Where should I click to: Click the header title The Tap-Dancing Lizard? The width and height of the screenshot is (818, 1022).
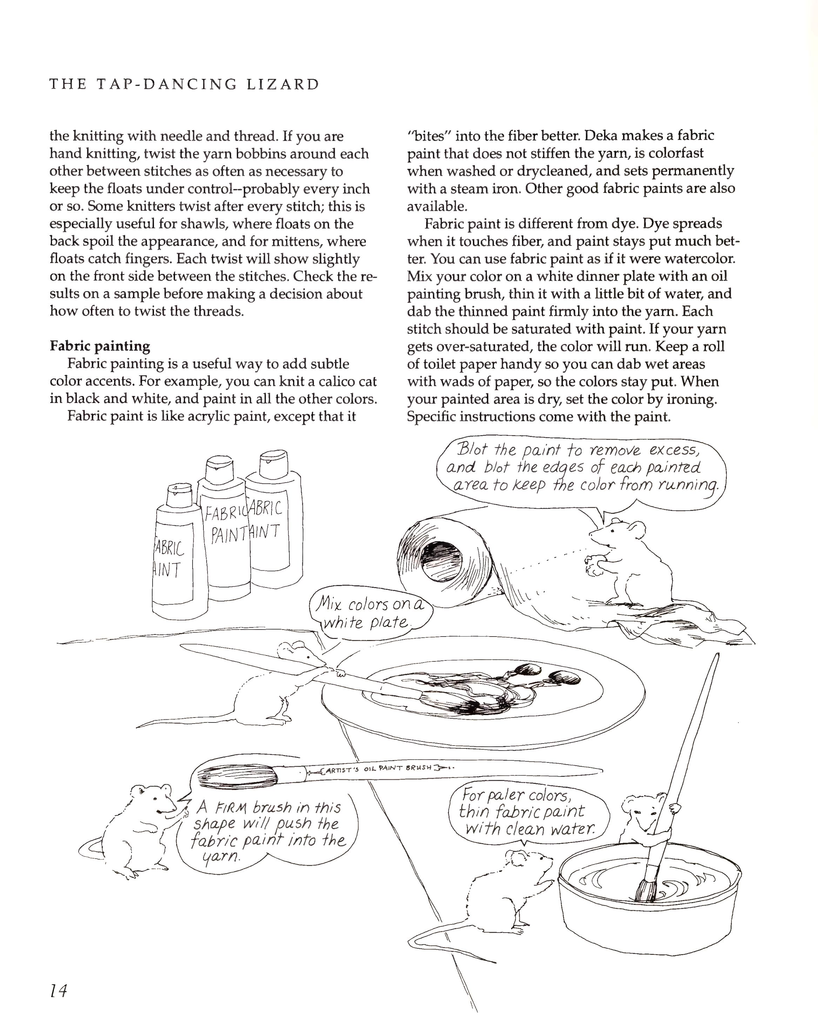185,85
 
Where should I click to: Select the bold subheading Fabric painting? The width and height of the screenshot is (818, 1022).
100,346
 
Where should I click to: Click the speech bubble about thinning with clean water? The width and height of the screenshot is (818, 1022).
527,812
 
